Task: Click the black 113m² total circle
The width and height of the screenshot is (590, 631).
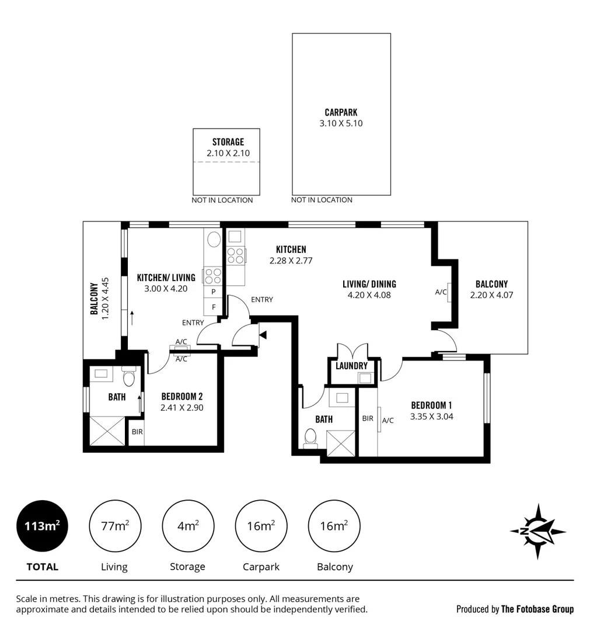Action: pos(42,526)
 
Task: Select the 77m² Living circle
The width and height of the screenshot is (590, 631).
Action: pos(114,526)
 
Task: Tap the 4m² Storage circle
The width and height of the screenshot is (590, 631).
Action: pos(187,526)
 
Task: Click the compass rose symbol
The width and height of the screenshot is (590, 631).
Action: pos(537,531)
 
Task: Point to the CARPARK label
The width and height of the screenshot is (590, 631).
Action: pos(341,112)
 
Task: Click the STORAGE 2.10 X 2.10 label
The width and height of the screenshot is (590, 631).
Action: pos(228,148)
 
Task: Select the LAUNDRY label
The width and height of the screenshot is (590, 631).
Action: pos(351,366)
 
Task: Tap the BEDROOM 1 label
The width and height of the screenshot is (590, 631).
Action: pos(431,405)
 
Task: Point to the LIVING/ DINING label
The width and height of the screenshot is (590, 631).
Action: pos(369,284)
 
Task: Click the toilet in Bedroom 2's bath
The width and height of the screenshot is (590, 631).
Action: pos(130,379)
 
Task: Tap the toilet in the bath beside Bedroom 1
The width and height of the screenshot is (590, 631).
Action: pos(311,437)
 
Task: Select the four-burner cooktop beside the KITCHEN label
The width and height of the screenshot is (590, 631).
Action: pos(235,255)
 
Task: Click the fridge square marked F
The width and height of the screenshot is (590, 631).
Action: pos(214,306)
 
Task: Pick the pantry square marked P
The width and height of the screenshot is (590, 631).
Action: pos(214,291)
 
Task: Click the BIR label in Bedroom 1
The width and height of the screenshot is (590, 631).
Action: pos(368,418)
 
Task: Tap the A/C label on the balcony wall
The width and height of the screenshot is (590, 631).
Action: pos(441,292)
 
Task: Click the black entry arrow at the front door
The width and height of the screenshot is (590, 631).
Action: pos(263,335)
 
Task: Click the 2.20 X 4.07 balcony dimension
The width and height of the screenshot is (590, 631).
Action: pos(491,295)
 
